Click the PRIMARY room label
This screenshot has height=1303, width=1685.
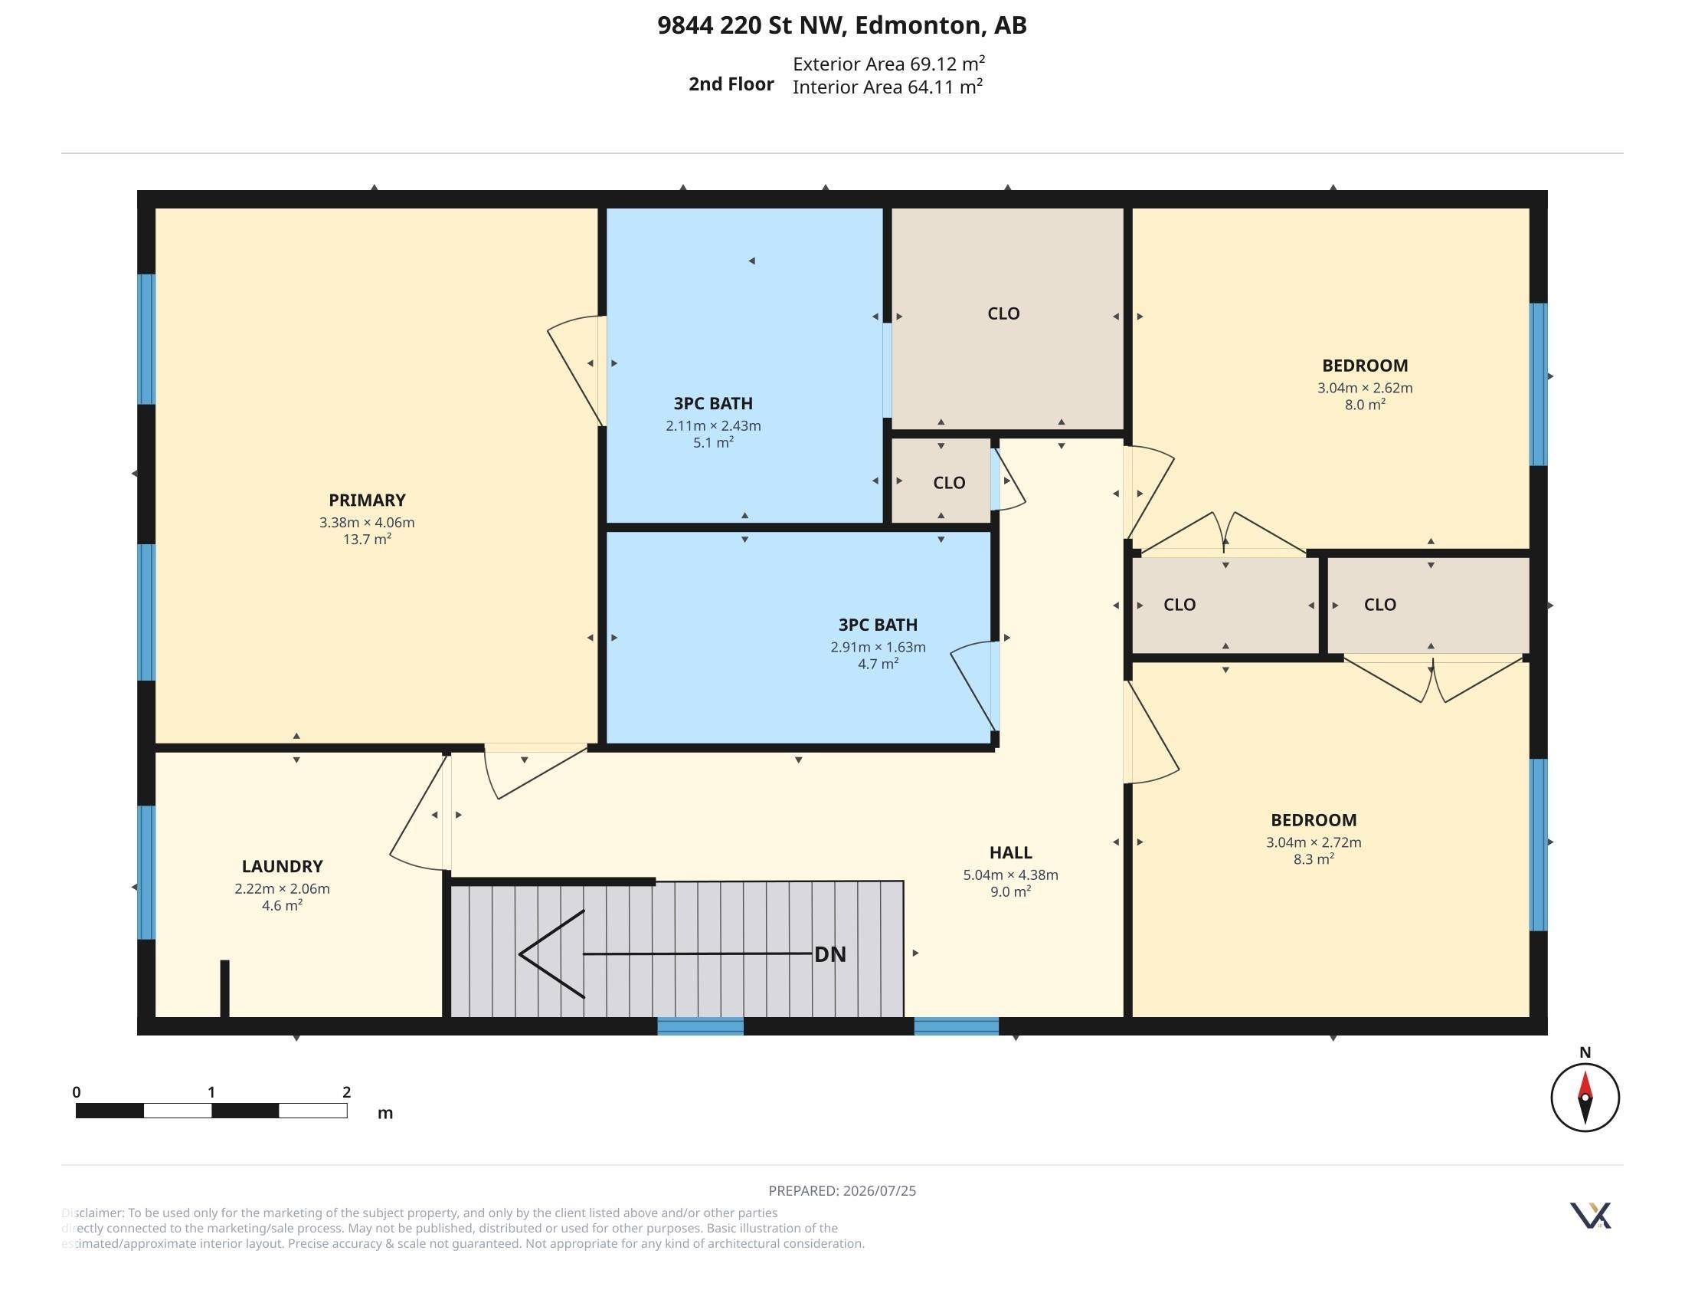point(366,501)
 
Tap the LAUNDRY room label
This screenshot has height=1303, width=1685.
point(283,866)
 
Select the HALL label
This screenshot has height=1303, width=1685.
point(1011,852)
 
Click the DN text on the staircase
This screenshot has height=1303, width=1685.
point(830,954)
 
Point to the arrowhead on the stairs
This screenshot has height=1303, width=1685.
point(520,954)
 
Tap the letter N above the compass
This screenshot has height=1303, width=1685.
point(1585,1052)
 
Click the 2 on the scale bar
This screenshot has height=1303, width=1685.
point(347,1091)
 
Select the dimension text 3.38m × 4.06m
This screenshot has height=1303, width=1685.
point(367,523)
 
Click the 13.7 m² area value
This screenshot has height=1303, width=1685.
point(367,539)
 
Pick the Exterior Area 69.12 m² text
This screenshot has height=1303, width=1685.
point(888,64)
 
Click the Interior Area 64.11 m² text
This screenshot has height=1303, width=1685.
point(887,87)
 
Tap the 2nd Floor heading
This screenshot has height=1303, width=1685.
point(731,84)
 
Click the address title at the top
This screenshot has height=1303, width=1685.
point(842,25)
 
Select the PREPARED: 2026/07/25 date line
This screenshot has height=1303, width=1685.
point(842,1190)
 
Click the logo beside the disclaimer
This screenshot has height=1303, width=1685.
point(1590,1216)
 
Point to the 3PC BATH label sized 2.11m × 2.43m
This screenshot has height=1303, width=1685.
point(713,404)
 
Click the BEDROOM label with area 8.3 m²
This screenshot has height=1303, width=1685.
point(1314,820)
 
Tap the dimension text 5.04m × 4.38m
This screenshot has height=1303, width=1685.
point(1011,875)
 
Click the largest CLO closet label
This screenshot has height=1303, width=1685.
point(1004,313)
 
